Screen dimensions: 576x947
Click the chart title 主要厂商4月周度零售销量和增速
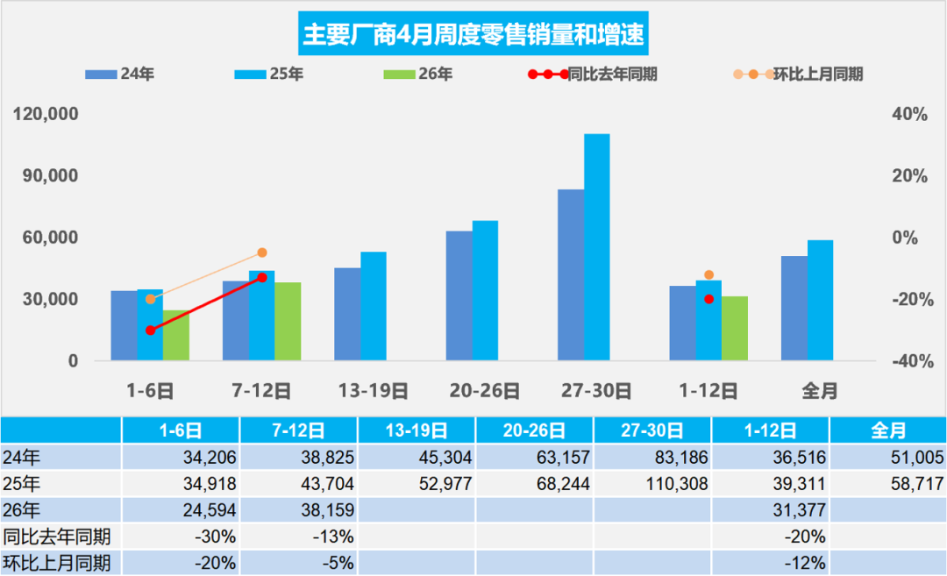(473, 35)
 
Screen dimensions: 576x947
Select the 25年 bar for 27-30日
(597, 247)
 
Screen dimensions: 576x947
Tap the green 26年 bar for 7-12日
(288, 321)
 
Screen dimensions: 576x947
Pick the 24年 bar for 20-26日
(459, 295)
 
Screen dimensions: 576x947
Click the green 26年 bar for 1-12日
(735, 328)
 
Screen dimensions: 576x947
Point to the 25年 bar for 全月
(821, 300)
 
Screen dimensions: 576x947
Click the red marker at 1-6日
(151, 331)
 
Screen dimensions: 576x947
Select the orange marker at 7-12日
(262, 252)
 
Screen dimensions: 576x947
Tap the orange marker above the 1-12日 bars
(709, 275)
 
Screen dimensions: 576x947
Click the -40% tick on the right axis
(910, 361)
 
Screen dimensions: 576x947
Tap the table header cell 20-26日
(535, 430)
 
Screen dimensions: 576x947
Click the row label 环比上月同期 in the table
(56, 563)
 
